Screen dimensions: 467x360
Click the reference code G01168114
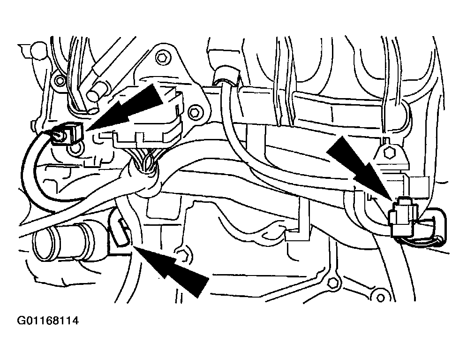click(x=48, y=321)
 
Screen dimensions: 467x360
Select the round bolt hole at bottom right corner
click(x=380, y=298)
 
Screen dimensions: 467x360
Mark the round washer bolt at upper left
click(x=60, y=80)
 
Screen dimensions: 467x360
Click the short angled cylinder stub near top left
click(x=96, y=92)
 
